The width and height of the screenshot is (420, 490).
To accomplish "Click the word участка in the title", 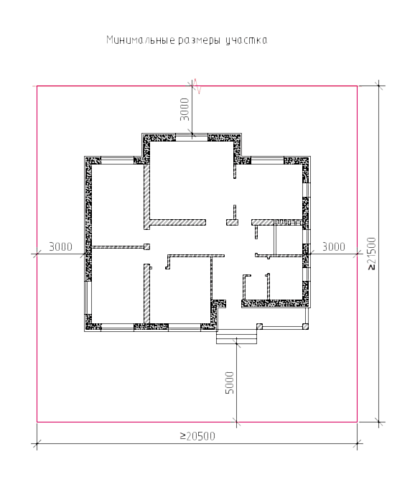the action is coord(246,41).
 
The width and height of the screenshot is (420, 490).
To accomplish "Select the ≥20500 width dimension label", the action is coord(197,436).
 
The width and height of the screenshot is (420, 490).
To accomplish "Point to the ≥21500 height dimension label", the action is coord(372,254).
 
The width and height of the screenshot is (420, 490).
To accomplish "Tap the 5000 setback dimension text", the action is coord(230,382).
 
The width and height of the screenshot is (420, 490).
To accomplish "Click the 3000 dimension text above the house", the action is coord(185,109).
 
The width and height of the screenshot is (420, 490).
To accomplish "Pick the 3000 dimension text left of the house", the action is coord(60,247).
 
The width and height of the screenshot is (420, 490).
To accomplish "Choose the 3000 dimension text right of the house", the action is coord(334,247).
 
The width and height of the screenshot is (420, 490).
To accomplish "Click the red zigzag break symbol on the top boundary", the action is coord(197,86).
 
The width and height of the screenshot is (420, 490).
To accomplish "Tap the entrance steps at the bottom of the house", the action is coord(236,336).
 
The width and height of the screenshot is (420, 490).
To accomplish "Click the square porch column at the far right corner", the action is coord(305,327).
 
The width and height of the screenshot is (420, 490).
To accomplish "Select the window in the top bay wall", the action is coord(192,137).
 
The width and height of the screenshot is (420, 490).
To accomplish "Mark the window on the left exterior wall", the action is coord(88,297).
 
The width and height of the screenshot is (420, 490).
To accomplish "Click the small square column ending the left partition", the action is coord(146,247).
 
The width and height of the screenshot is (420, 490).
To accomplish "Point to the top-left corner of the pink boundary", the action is coord(37,85).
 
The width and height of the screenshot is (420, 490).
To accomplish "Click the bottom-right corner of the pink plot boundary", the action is coord(358,422).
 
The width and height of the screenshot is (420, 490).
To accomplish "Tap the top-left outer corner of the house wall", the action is coord(85,157).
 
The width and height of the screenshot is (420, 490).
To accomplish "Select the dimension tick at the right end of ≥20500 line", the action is coord(358,443).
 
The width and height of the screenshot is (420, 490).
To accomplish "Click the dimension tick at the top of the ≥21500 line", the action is coord(379,85).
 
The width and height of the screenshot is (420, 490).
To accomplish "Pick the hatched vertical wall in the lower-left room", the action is coord(146,294).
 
